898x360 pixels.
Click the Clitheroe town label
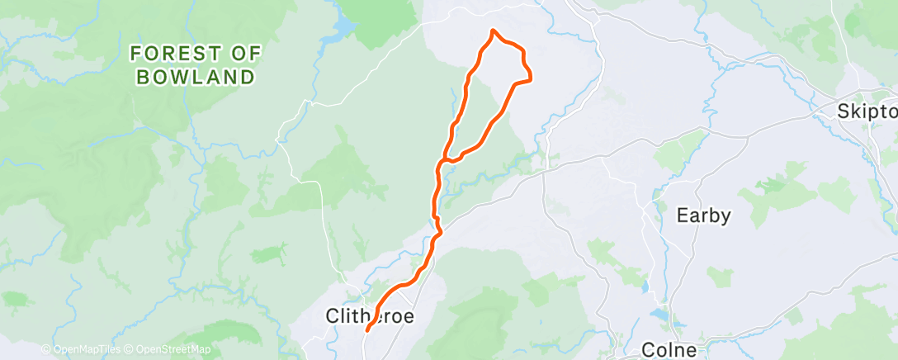369,316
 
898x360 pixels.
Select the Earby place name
703,216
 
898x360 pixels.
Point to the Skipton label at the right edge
867,111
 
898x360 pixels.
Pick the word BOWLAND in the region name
196,78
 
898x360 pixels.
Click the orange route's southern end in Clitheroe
366,331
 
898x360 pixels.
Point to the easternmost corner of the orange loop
530,79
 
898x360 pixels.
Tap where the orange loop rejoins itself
446,157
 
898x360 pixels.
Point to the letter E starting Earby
682,216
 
